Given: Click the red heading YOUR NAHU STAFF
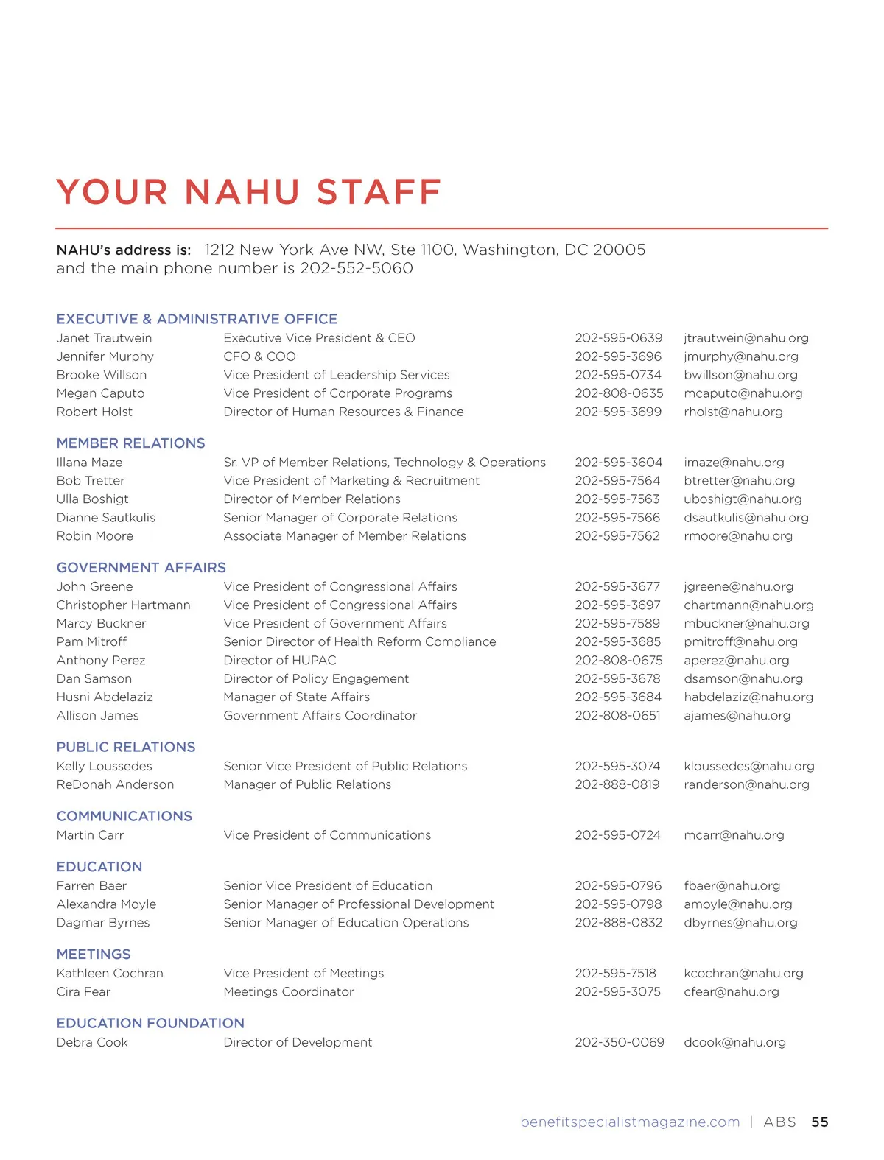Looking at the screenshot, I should pos(248,192).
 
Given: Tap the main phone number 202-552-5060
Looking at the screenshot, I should pos(356,268).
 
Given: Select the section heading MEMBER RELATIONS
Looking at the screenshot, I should pos(130,443).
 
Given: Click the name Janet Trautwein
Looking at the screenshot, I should pos(104,338).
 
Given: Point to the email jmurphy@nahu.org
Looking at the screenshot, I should pos(740,356).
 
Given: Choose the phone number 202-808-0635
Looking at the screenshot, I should pos(619,393).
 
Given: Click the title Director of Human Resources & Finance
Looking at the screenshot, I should pos(343,412).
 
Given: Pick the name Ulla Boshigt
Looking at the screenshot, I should pos(92,499).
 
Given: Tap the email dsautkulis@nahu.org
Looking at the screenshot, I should pos(746,518).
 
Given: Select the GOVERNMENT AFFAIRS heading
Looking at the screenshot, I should pos(141,568).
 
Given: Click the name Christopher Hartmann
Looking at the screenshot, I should pos(123,605).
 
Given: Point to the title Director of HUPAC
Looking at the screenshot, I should pos(279,661).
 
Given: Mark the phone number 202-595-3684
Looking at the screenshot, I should pos(618,697).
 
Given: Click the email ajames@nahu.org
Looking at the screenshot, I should pos(737,715).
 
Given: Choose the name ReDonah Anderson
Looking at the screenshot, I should pos(115,784).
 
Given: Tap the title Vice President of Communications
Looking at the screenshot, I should pos(327,835).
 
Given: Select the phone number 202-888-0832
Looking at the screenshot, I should pos(618,923).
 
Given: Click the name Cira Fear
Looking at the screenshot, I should pos(83,992).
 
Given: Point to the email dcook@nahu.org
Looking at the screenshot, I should pos(734,1042).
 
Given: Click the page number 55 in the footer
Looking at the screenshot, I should pos(819,1122).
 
